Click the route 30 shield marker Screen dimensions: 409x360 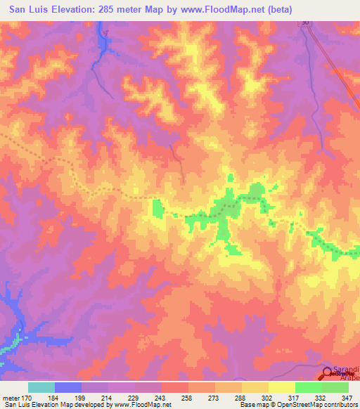[304, 23]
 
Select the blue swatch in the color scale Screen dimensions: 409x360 [67, 387]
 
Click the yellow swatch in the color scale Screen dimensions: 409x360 [281, 387]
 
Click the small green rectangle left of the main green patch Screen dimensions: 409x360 [156, 208]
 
